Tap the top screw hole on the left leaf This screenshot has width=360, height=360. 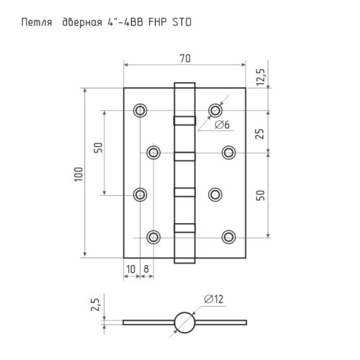tap(140, 110)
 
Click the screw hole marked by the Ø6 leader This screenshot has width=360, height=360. tap(215, 110)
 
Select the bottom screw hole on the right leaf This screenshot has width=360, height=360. tap(229, 236)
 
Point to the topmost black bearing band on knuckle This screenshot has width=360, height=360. tap(184, 120)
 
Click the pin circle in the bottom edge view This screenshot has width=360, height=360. tap(184, 321)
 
